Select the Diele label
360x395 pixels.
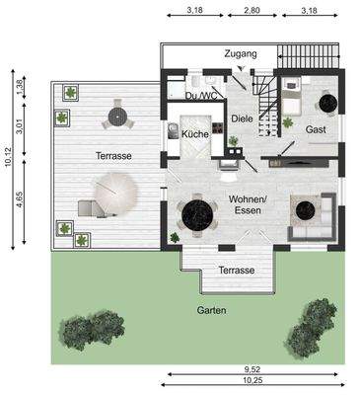[x=242, y=118]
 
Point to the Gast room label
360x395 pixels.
[x=316, y=129]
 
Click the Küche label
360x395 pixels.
[x=194, y=132]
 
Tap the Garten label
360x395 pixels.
[x=210, y=310]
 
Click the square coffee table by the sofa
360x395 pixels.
[x=307, y=209]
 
